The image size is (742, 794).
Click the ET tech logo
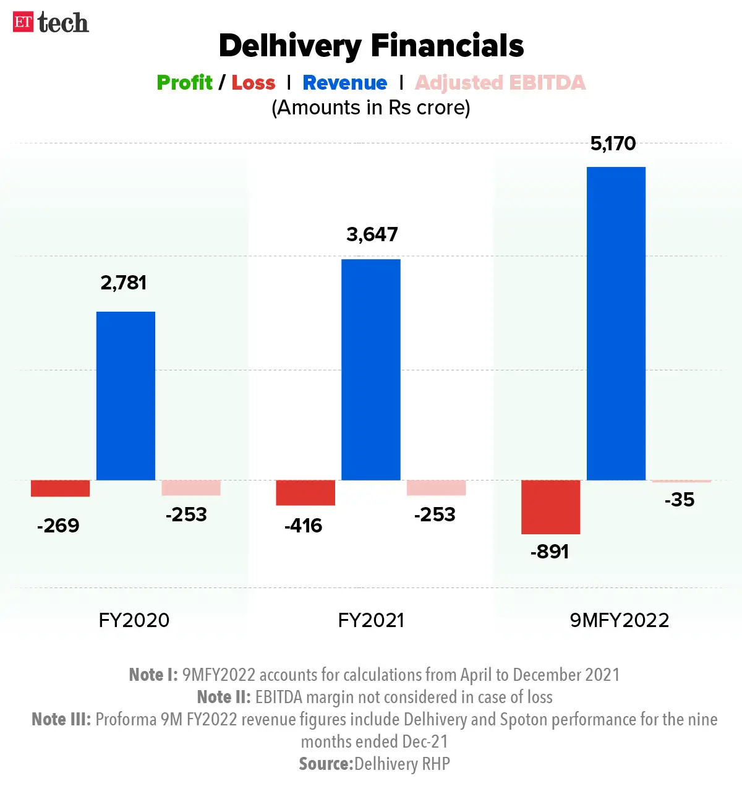click(51, 23)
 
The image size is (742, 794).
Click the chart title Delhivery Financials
click(371, 46)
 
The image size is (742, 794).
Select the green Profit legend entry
click(184, 83)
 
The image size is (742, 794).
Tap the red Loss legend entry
click(253, 83)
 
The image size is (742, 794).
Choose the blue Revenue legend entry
click(344, 83)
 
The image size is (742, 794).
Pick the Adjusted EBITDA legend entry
click(500, 83)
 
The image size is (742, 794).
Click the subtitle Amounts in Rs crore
click(371, 108)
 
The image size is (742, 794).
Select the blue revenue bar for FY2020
click(126, 396)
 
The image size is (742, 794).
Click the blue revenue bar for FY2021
click(371, 370)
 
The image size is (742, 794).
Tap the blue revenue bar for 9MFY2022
click(616, 323)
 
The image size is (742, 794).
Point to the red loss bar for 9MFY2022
click(550, 507)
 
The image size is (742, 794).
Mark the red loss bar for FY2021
click(305, 493)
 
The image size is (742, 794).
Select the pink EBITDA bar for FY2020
click(191, 488)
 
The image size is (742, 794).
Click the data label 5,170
click(613, 144)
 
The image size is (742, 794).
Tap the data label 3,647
click(372, 234)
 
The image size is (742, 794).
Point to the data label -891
click(549, 552)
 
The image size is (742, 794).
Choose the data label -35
click(679, 500)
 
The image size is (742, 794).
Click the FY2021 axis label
click(371, 620)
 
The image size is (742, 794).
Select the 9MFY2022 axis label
click(619, 620)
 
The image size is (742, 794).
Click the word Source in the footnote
click(325, 764)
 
